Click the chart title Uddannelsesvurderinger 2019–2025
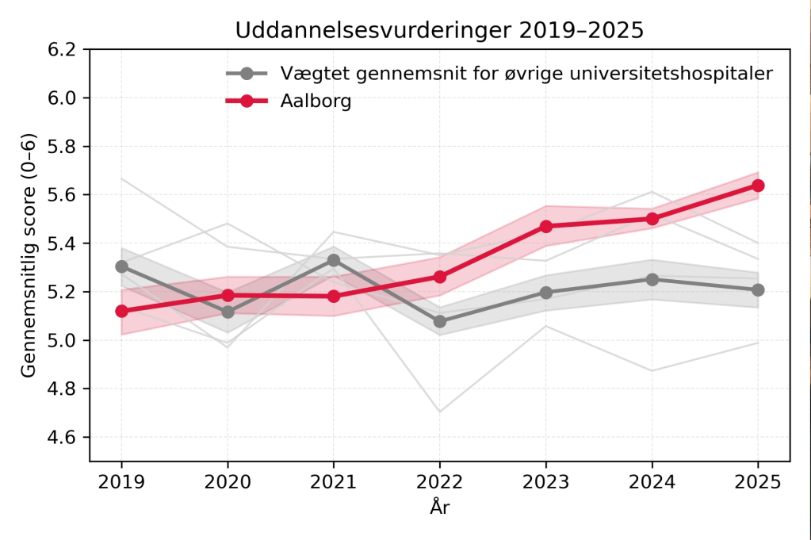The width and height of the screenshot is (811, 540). point(439,30)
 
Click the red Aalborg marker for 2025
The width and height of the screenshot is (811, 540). point(758,186)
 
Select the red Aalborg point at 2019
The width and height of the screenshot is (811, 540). point(122,311)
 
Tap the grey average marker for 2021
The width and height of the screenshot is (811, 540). point(334,260)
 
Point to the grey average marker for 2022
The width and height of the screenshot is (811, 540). point(440,321)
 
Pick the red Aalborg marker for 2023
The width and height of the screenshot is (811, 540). point(546,227)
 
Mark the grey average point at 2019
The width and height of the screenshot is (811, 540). point(122,266)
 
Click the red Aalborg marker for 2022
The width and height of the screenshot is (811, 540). point(440,277)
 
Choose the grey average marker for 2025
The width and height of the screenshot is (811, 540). point(758,290)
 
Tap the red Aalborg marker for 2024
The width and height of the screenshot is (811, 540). point(652,219)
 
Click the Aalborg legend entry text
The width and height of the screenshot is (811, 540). point(316,101)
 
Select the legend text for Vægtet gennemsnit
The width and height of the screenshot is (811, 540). point(526,74)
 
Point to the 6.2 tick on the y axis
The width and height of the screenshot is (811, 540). point(63,49)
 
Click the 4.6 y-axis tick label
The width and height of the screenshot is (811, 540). point(63,438)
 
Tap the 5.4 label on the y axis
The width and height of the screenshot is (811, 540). point(63,243)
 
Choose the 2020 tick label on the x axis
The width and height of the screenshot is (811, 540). point(228,481)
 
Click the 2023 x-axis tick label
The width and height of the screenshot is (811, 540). point(546,481)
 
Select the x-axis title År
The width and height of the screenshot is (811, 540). point(440,507)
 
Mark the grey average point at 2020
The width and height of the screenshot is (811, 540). point(228,312)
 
